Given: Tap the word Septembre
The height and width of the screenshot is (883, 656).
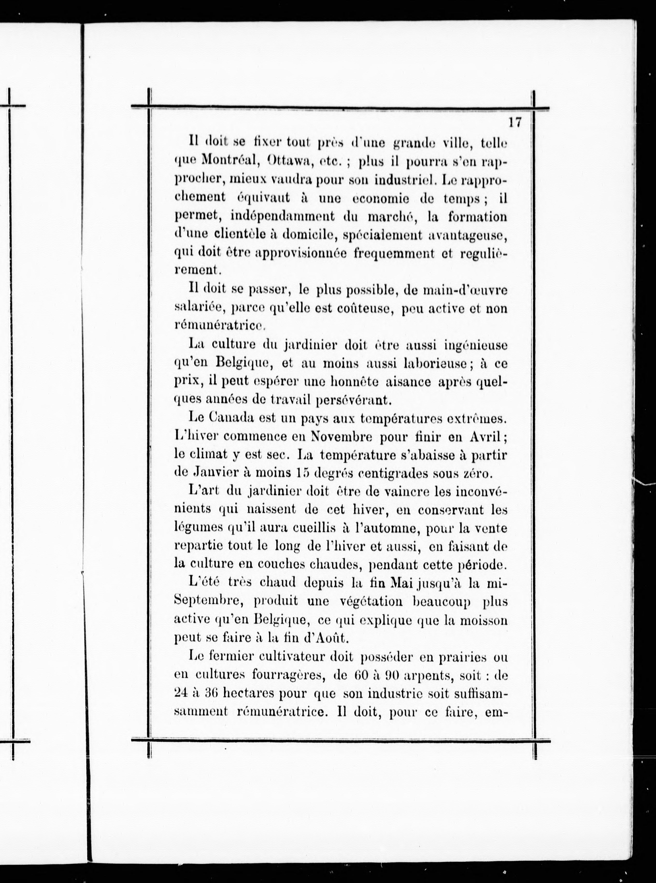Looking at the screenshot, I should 209,602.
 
